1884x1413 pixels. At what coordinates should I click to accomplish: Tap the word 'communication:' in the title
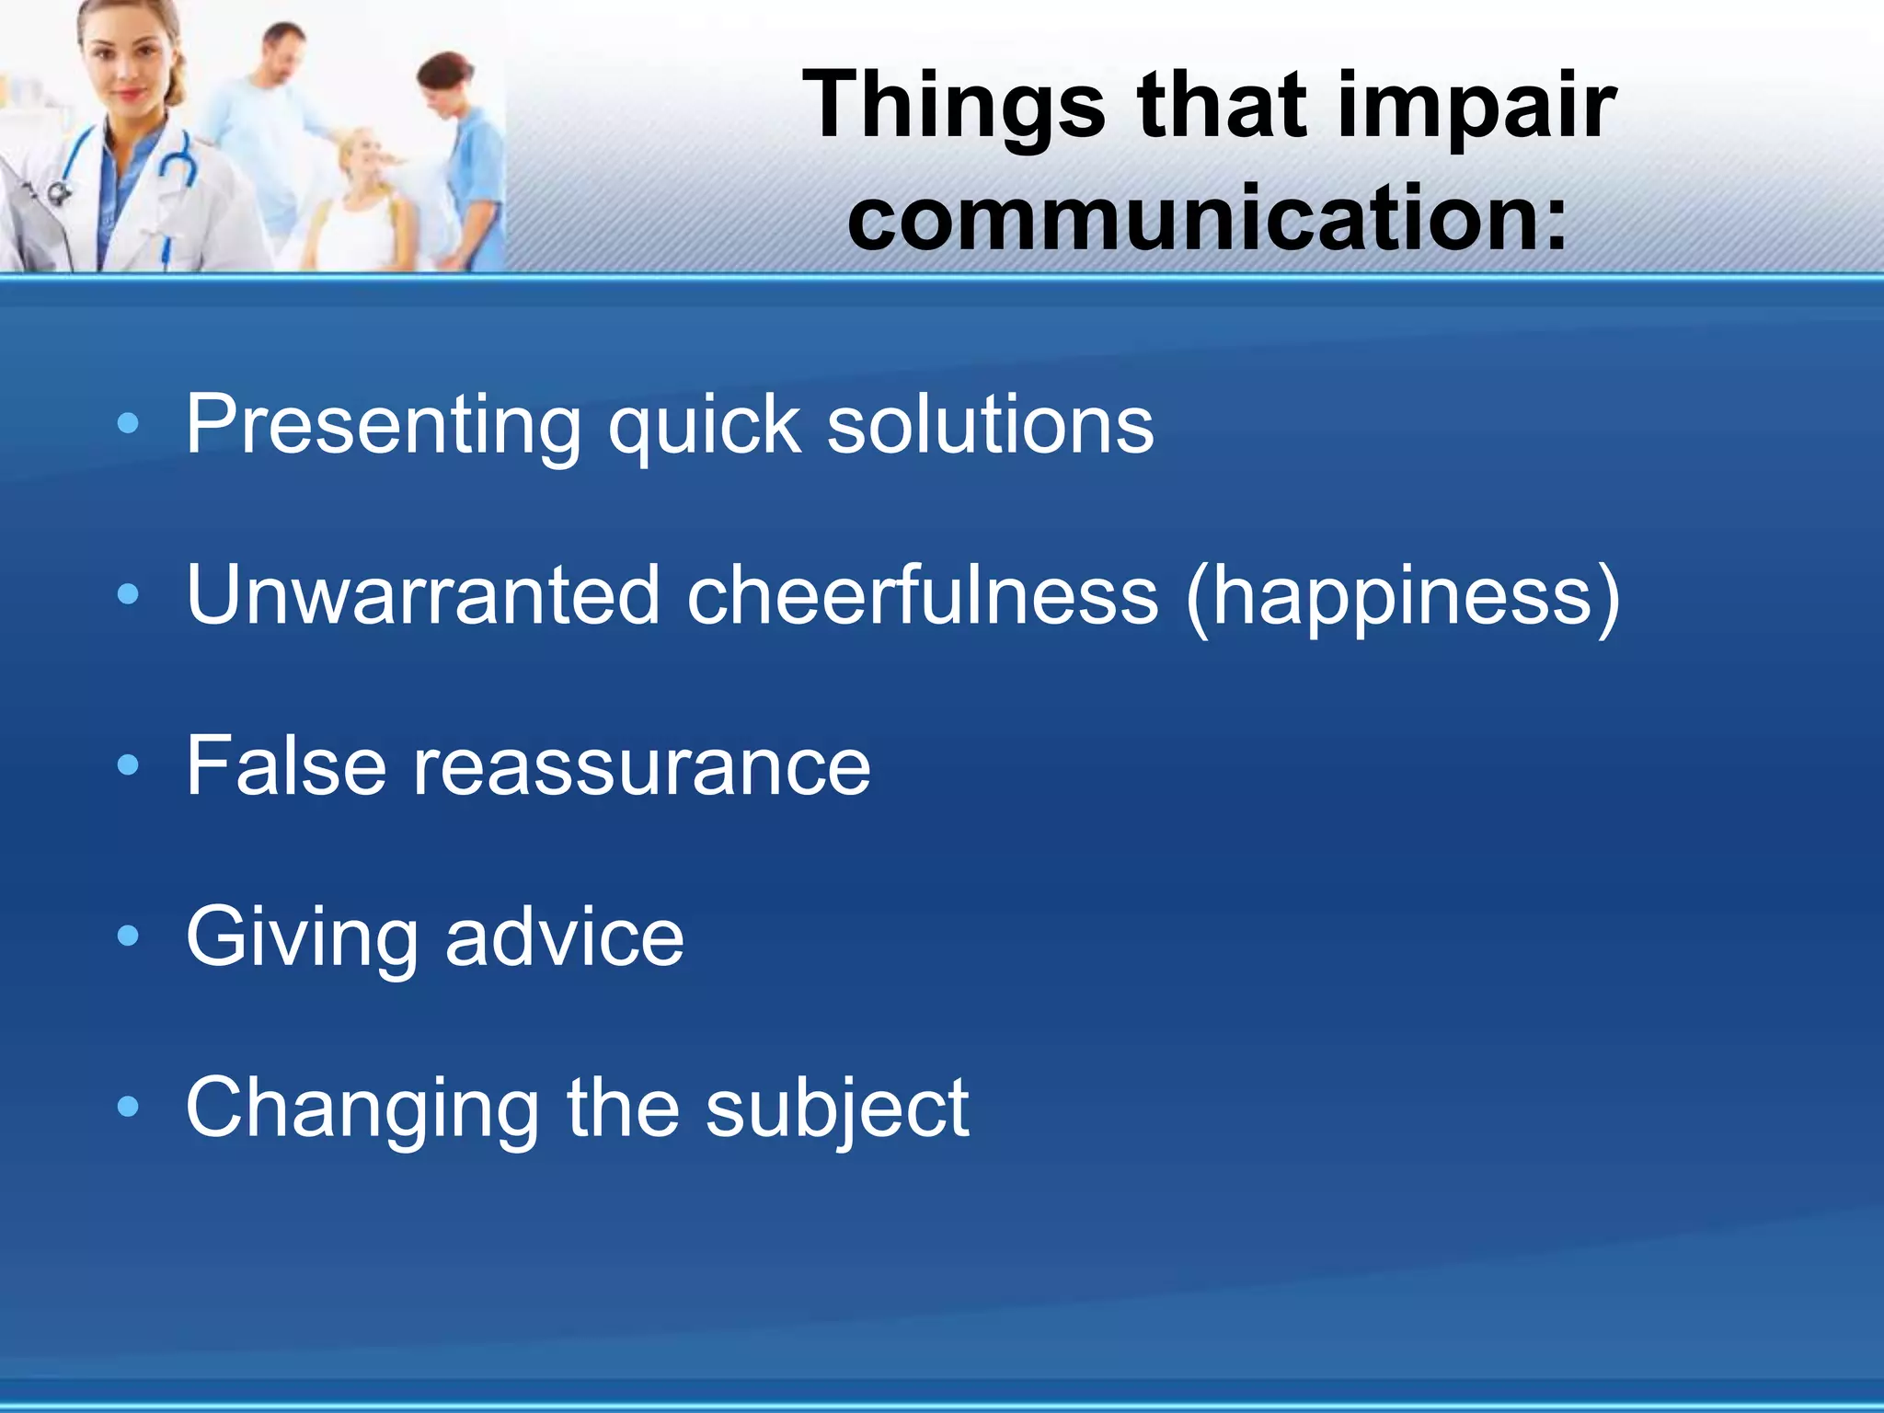tap(1207, 219)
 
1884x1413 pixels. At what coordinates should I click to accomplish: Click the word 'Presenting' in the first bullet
tap(383, 425)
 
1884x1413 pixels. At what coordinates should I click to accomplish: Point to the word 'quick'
tap(704, 425)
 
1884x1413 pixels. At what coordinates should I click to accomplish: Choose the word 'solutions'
tap(990, 425)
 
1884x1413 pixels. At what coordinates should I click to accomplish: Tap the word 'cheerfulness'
tap(922, 595)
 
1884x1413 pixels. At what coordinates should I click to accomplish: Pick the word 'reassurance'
tap(641, 767)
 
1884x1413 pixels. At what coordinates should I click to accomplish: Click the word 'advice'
tap(564, 936)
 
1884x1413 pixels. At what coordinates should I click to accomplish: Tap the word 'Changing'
tap(362, 1109)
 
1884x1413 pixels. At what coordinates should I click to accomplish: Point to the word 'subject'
tap(836, 1109)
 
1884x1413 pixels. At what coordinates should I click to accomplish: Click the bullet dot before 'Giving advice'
tap(128, 936)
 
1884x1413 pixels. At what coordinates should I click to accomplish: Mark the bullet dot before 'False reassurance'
tap(128, 764)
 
